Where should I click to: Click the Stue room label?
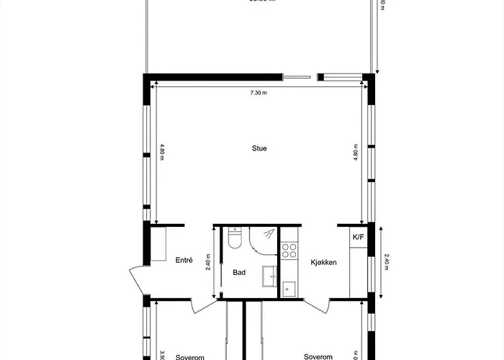click(259, 149)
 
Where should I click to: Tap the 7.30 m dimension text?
click(258, 93)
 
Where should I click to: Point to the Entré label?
click(184, 260)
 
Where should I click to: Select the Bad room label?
click(240, 273)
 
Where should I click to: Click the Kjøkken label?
click(324, 263)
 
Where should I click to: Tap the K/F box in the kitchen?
click(357, 237)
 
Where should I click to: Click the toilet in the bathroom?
click(235, 238)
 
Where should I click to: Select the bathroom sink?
click(271, 275)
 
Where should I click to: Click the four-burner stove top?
click(289, 251)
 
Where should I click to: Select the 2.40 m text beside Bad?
click(208, 261)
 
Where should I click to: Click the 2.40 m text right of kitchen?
click(386, 261)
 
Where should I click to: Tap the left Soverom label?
click(190, 356)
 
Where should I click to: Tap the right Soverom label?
click(318, 356)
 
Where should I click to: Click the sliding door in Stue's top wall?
click(299, 76)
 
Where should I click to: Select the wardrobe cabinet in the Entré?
click(158, 245)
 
